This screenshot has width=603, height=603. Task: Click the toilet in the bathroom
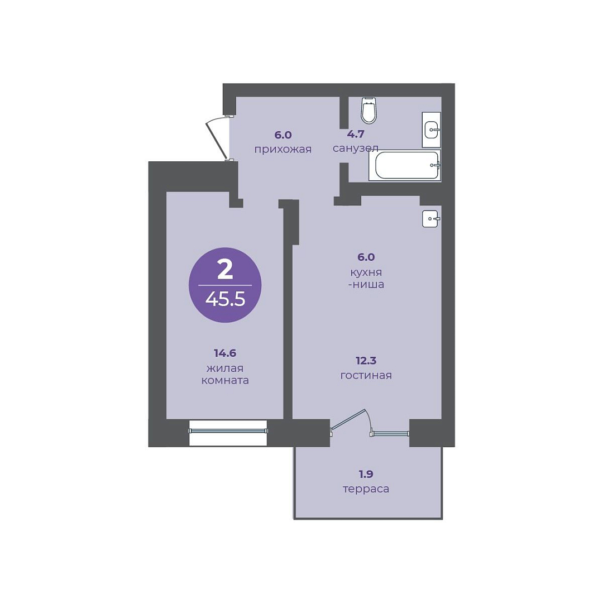tap(369, 111)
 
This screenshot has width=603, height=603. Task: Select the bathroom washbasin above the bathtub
tap(431, 130)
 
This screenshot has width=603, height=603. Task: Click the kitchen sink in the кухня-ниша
tap(430, 219)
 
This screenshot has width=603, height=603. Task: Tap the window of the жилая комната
tap(228, 432)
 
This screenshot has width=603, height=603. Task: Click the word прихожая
tap(283, 149)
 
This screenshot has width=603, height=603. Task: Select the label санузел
tap(355, 148)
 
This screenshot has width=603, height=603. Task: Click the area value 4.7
tap(355, 134)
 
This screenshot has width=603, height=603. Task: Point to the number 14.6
tap(225, 353)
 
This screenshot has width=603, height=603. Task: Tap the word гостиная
tap(366, 375)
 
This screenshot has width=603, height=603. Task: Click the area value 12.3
tap(366, 361)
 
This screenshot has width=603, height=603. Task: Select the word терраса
tap(366, 489)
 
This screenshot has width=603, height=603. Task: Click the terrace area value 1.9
tap(366, 474)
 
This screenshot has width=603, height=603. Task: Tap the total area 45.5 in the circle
tap(225, 299)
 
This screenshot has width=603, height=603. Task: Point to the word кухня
tap(366, 272)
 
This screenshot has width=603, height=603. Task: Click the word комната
tap(225, 381)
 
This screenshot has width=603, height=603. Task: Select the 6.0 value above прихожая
tap(283, 135)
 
